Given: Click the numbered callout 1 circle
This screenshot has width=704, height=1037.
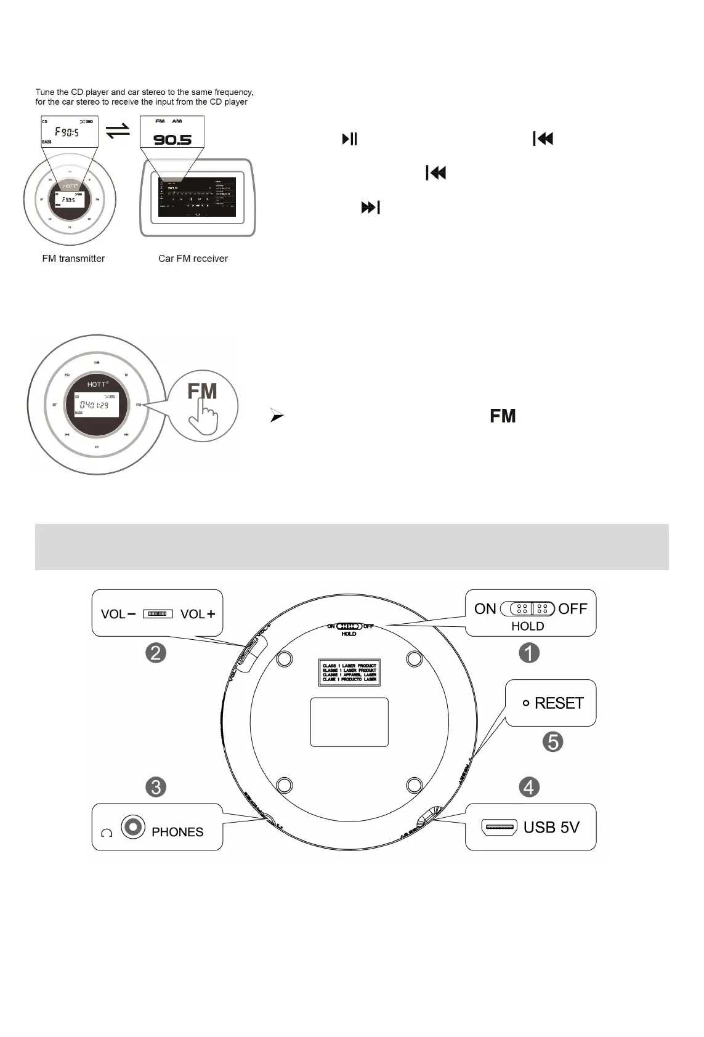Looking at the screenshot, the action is pos(529,653).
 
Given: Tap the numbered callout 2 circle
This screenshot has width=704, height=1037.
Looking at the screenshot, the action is pos(156,653).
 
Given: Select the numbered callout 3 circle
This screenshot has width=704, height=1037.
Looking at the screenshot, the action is pos(156,787).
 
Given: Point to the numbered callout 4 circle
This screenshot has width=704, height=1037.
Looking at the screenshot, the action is pos(529,787).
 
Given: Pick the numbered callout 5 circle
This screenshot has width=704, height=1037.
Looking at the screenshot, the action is pos(552,741).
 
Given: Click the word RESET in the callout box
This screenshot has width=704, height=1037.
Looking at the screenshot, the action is pos(559,703).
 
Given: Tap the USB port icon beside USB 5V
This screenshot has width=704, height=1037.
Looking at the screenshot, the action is pos(499,827).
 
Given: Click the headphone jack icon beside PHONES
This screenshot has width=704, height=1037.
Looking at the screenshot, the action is pos(133,826).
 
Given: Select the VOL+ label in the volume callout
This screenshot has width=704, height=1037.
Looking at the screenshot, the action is pos(198,614).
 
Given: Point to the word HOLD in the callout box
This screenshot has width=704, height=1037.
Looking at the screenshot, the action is pos(528,626).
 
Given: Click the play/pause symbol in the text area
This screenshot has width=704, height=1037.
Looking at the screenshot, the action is pos(349,139).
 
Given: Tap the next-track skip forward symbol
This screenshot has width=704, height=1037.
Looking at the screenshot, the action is pos(370,208).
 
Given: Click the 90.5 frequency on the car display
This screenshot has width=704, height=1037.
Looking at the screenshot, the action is pos(172,140).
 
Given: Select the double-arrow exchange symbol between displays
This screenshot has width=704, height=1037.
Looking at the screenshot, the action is pos(118,131).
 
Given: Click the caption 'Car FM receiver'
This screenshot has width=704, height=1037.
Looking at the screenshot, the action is pos(193,259).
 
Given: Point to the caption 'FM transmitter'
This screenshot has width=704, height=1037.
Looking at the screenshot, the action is pos(73,259).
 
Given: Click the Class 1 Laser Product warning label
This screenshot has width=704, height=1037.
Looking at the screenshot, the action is pos(349,672).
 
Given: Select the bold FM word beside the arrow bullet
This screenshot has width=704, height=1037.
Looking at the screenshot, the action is pos(503,416).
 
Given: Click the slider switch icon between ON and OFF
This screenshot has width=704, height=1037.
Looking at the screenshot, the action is pos(528,609).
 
